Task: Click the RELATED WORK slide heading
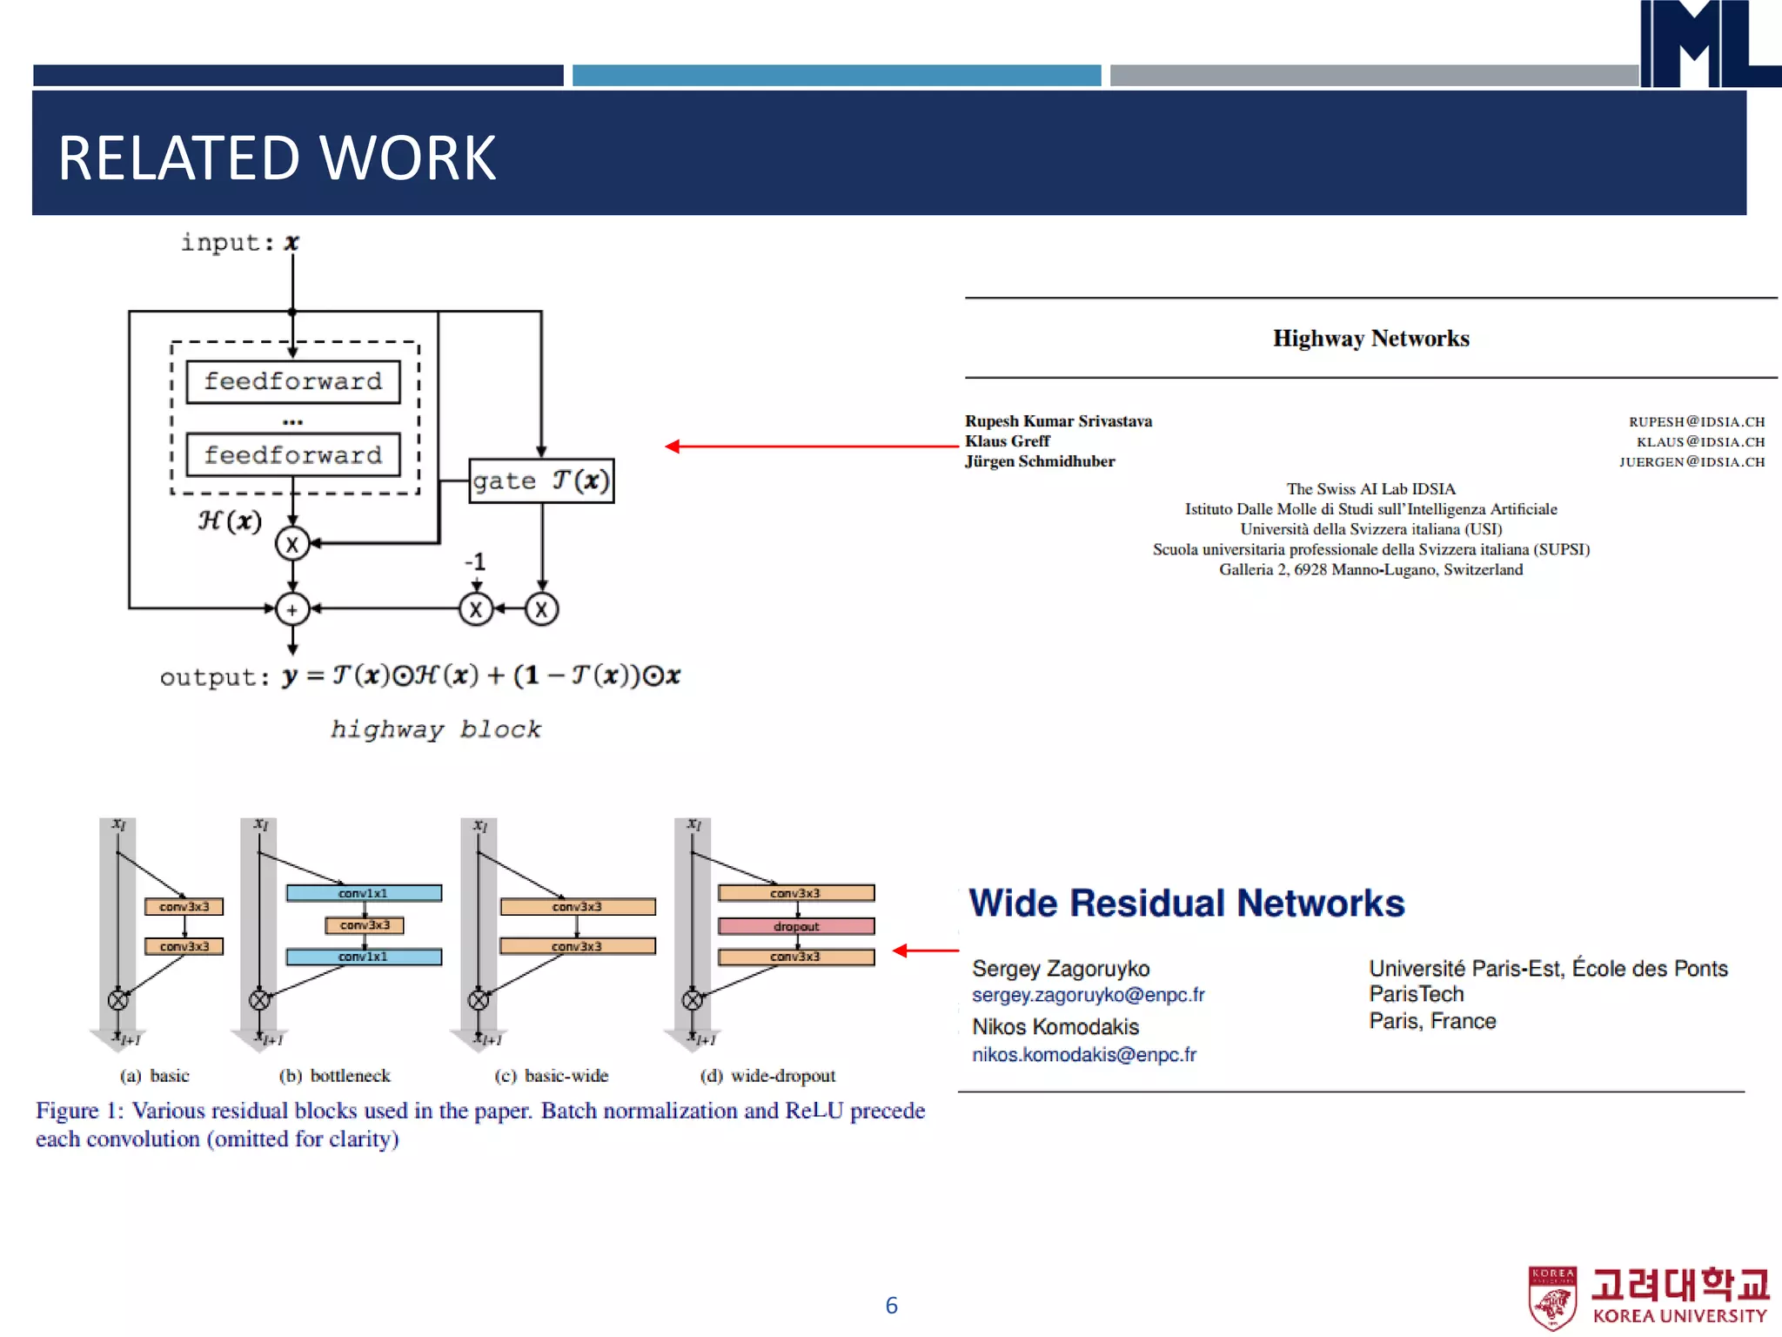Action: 277,158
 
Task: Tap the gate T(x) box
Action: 541,480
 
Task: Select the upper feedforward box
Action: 293,381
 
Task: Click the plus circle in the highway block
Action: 292,609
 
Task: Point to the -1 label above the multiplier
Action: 474,561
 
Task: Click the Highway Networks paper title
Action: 1370,338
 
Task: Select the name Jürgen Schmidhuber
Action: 1039,461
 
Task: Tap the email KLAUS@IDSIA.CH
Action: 1699,442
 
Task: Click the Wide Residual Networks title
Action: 1186,903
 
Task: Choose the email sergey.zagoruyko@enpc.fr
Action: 1088,995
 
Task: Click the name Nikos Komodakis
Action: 1055,1026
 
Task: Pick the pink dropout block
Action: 796,926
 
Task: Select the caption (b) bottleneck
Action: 335,1076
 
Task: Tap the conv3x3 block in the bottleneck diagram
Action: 365,924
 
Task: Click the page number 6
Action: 891,1305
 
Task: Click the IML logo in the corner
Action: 1705,44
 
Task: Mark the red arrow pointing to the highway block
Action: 809,447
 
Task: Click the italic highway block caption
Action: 435,729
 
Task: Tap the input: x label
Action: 239,242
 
